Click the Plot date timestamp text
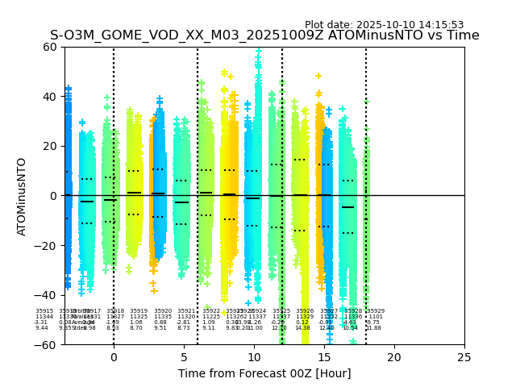tap(384, 25)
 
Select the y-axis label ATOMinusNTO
tap(22, 196)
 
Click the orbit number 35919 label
tap(139, 310)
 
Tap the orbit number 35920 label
tap(163, 310)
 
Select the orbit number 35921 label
tap(186, 310)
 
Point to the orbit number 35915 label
tap(44, 310)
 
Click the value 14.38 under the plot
tap(302, 328)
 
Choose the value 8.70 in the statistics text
tap(136, 328)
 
